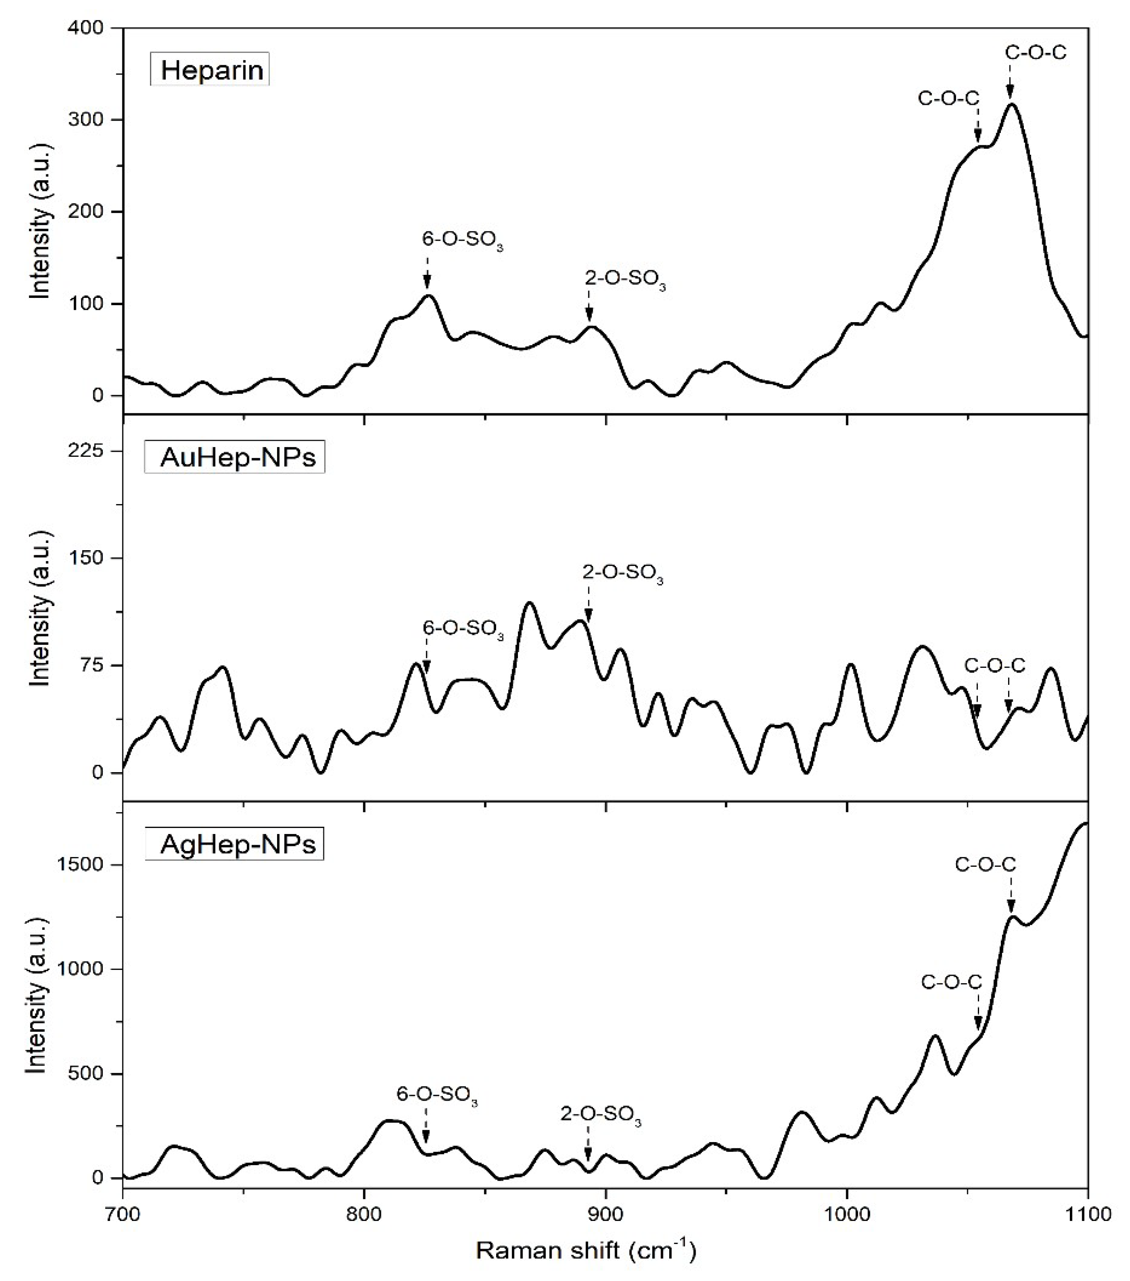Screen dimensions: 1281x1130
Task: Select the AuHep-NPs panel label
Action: (236, 458)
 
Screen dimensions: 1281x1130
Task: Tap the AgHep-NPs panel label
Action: (236, 845)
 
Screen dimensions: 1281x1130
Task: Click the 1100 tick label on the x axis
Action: (1087, 1213)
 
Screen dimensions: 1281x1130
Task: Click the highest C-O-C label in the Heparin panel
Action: (1035, 53)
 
